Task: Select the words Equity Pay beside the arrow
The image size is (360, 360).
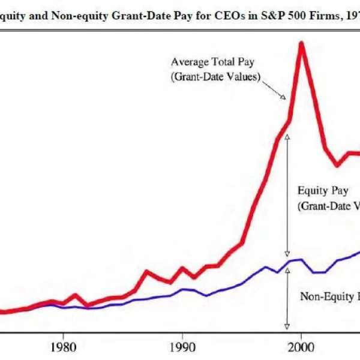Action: coord(322,191)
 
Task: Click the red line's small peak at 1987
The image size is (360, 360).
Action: coord(146,272)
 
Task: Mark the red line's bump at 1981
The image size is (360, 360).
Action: coord(75,295)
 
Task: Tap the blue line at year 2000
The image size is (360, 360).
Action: coord(301,260)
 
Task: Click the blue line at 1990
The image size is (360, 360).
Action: coord(182,289)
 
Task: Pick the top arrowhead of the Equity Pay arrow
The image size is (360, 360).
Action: coord(287,136)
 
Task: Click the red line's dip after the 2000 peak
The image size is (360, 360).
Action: coord(337,165)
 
